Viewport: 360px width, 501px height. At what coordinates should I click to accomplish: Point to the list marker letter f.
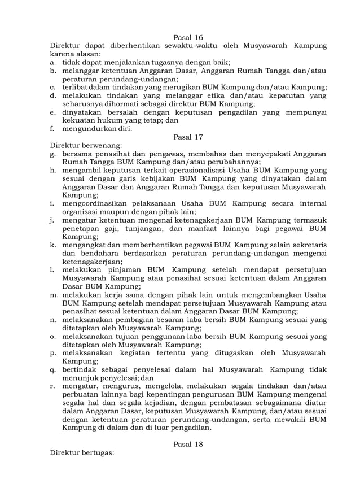pos(52,128)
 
